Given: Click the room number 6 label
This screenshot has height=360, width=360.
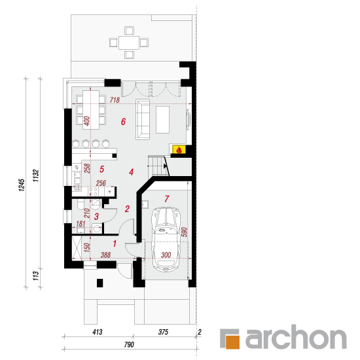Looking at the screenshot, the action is click(123, 122).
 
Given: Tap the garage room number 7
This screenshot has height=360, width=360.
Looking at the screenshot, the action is click(167, 198).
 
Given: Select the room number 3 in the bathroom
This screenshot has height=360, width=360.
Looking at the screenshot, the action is click(96, 216).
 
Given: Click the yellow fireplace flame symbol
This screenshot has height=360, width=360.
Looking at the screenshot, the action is click(179, 150).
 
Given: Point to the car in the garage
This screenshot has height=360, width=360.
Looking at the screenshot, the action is click(166, 240).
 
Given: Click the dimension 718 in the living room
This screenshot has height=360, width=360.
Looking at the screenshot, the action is click(115, 100).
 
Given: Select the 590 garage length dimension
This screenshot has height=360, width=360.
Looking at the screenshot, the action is click(185, 232).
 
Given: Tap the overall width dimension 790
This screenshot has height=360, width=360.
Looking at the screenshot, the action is click(129, 344).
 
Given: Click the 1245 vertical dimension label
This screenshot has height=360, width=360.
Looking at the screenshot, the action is click(22, 185).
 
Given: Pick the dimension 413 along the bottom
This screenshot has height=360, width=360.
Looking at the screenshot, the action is click(98, 332).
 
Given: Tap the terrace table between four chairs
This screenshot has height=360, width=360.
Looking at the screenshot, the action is click(129, 43).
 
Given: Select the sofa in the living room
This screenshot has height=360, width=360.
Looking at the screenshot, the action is click(143, 119).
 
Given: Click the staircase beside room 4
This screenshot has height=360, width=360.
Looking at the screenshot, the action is click(158, 166).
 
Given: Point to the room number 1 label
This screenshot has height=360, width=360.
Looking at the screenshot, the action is click(115, 243).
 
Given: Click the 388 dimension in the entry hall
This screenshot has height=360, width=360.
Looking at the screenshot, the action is click(105, 255).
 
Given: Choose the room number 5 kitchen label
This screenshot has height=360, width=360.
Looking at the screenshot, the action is click(101, 170).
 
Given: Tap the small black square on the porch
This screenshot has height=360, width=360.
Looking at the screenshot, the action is click(99, 283).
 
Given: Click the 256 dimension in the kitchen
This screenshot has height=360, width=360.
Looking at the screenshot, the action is click(101, 183).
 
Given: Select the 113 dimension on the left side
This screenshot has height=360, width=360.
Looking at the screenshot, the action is click(35, 276).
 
